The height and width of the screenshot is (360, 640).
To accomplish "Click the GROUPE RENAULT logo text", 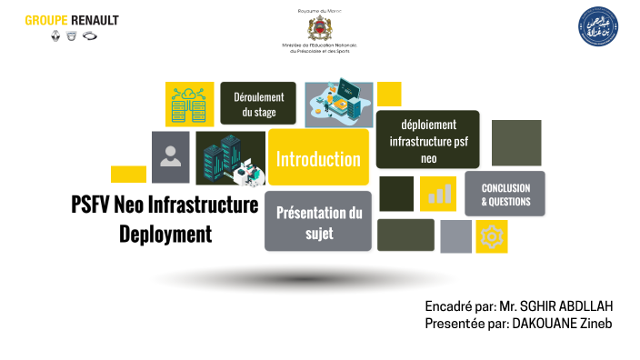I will pos(72,20).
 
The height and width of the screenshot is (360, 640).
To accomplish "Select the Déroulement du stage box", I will pos(258,104).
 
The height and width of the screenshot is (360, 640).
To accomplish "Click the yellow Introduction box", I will pos(318,158).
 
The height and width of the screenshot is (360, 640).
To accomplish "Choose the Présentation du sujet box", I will pos(318,221).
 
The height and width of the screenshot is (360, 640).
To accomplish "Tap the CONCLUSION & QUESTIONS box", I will pos(505,194).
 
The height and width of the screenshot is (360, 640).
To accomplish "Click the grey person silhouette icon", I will pos(170,157).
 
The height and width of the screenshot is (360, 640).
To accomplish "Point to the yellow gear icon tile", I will pos(492,236).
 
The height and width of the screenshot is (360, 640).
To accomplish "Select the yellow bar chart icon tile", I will pos(438,193).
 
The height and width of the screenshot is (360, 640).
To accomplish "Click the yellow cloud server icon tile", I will pos(189,104).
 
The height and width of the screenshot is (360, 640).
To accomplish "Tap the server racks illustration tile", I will pos(230,159).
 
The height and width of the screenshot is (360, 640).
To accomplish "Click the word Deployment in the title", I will pos(165,234).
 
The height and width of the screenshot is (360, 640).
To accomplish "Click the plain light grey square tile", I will pos(455,235).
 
